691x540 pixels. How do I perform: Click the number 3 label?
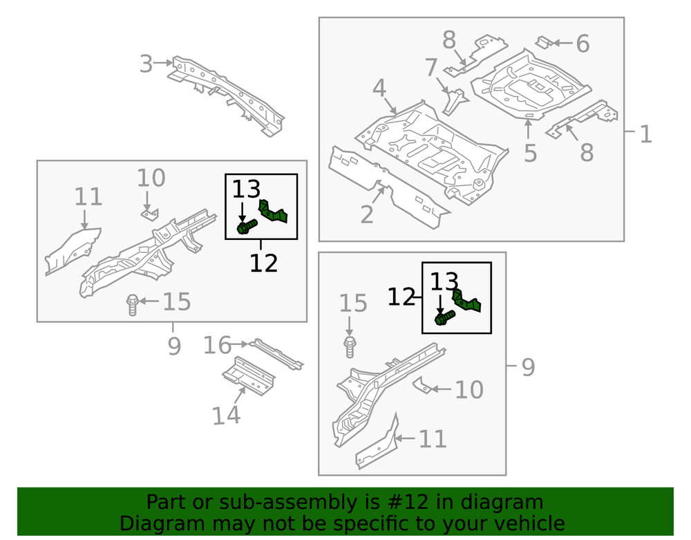145,64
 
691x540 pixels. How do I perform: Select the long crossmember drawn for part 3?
228,93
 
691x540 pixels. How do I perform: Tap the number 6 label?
583,44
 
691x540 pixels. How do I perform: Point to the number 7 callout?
430,68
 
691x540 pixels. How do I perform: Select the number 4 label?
379,89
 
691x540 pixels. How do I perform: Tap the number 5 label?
530,153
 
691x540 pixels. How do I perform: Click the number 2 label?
366,214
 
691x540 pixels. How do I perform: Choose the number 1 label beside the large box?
645,133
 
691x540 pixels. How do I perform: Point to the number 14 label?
226,416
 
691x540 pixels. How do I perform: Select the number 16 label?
216,345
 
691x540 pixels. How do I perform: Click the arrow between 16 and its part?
240,344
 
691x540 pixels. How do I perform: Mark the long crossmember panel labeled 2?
387,187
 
